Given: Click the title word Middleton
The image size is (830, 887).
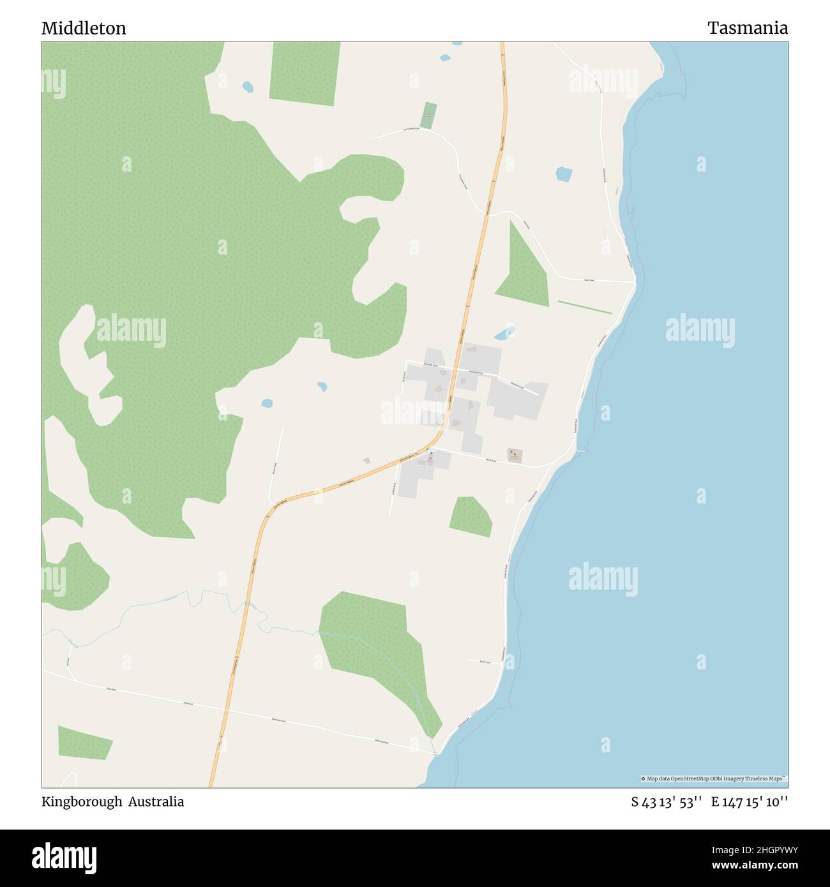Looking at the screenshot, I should click(x=84, y=28).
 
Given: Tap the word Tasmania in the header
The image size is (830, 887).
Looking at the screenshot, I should click(x=747, y=28).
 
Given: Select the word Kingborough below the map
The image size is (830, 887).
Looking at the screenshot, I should click(x=81, y=801).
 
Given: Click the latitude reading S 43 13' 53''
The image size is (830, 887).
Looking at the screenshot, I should click(x=667, y=802).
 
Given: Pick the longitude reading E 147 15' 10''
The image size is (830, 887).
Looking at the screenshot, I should click(x=750, y=802).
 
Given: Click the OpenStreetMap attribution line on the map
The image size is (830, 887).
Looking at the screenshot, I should click(x=714, y=779).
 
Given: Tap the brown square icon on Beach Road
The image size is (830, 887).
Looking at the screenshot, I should click(x=515, y=455).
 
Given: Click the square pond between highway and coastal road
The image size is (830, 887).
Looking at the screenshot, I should click(x=564, y=174).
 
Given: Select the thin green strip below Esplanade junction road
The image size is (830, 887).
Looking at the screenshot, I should click(x=585, y=307).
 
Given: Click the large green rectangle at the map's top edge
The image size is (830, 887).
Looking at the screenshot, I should click(x=305, y=73).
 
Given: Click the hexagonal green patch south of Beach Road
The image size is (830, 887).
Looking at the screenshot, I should click(x=471, y=516).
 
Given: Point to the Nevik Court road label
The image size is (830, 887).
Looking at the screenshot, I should click(x=485, y=662).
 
